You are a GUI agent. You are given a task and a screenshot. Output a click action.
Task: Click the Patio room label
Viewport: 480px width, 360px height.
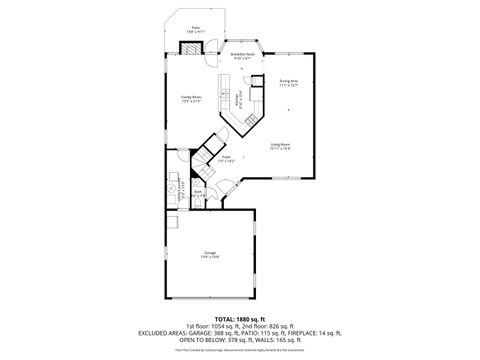click(195, 29)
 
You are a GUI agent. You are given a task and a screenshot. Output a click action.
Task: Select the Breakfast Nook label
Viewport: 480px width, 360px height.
click(241, 57)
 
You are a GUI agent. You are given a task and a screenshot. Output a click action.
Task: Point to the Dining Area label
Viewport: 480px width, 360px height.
click(289, 83)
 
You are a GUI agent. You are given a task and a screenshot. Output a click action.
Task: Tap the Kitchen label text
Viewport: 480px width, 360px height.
click(238, 100)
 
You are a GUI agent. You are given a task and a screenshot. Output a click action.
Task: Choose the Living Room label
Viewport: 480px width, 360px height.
click(280, 147)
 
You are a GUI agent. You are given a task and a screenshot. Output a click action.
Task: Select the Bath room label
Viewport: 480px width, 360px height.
click(198, 193)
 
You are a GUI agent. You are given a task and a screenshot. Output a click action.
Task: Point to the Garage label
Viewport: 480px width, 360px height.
click(210, 255)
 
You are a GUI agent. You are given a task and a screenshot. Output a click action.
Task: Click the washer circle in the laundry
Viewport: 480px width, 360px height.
click(171, 187)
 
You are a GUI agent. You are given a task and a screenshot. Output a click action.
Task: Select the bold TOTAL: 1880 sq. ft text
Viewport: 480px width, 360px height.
click(239, 319)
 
